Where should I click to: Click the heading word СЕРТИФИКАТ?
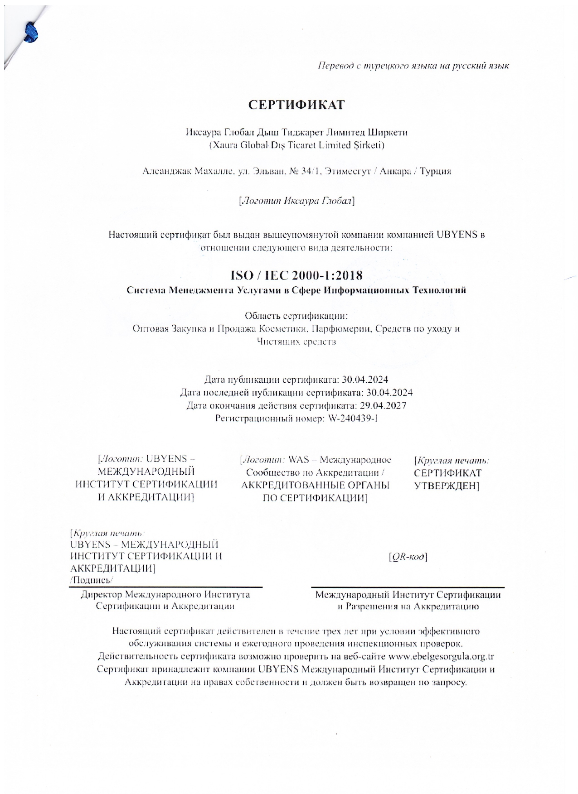point(296,105)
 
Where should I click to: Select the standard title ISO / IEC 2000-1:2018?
point(296,275)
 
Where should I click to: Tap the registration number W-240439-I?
point(352,418)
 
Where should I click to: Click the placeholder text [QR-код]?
point(408,557)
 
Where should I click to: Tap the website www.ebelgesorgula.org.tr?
point(441,656)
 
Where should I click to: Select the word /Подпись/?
point(92,580)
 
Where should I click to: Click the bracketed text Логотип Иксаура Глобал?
point(296,201)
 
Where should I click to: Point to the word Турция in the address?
point(435,172)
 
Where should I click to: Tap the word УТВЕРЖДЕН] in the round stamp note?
point(447,486)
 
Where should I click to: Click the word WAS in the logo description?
point(299,460)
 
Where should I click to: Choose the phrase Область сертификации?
point(296,316)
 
